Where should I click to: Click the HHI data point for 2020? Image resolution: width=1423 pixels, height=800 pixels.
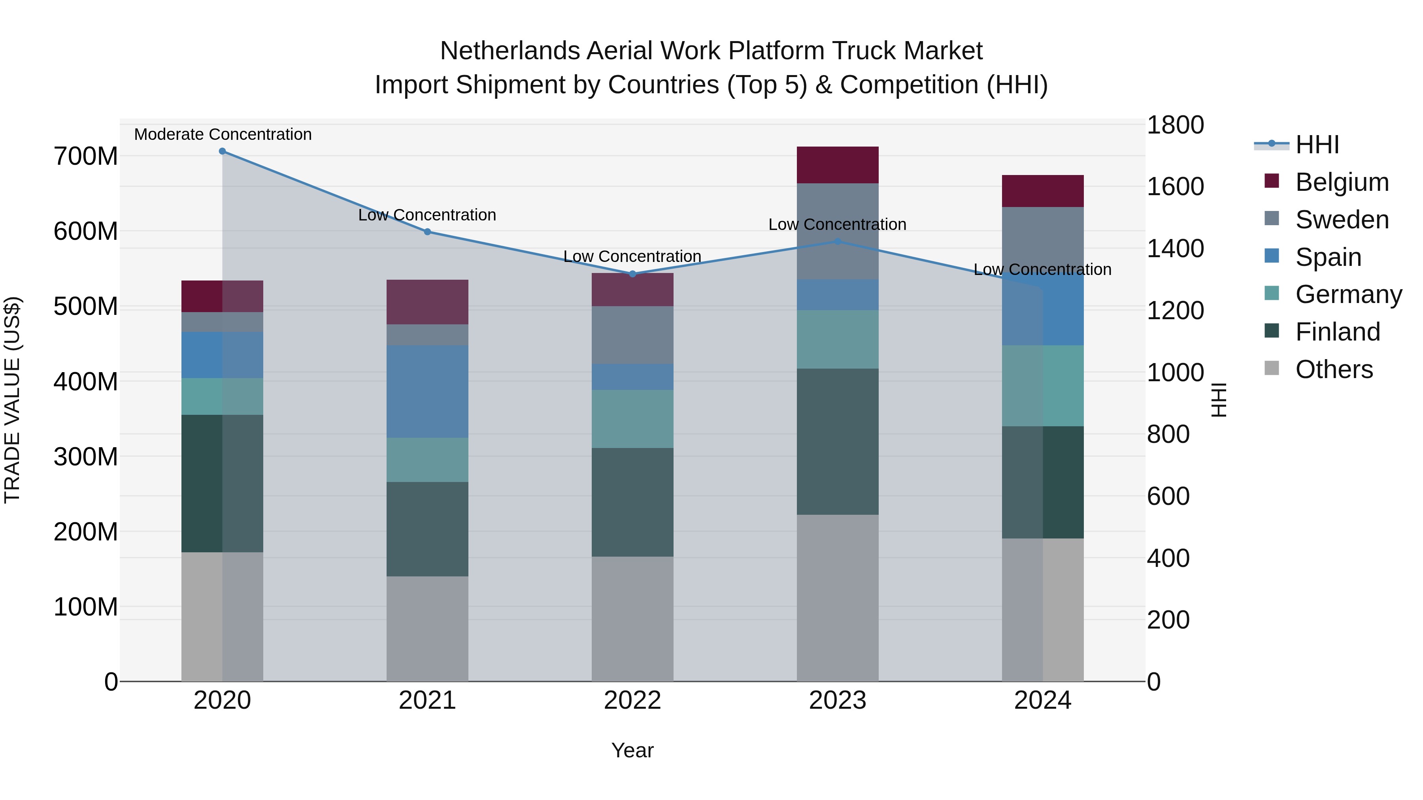[x=222, y=151]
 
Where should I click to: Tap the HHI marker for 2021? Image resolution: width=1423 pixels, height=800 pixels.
[x=428, y=232]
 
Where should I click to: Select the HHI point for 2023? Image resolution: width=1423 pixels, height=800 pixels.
[x=838, y=241]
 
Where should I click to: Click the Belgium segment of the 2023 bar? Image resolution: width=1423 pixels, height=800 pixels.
[x=838, y=165]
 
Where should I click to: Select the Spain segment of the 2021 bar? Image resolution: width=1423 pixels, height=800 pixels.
[x=428, y=392]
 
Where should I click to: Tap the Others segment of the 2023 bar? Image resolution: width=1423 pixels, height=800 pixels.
[x=838, y=598]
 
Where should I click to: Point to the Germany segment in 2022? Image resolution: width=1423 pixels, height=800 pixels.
[x=632, y=419]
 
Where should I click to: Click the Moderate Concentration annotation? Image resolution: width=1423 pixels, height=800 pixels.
[x=223, y=134]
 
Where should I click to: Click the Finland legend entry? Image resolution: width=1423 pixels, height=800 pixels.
[x=1337, y=332]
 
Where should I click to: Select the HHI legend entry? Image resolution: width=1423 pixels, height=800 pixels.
[x=1317, y=145]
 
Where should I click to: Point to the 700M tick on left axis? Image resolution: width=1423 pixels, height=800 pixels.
[x=86, y=156]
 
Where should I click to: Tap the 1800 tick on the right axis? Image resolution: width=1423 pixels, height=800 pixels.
[x=1175, y=125]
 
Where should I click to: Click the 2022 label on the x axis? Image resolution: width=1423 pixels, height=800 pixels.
[x=632, y=700]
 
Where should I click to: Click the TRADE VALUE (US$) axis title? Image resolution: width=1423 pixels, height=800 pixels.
[x=12, y=400]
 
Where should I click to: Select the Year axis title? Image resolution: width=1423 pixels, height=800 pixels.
[x=632, y=750]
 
